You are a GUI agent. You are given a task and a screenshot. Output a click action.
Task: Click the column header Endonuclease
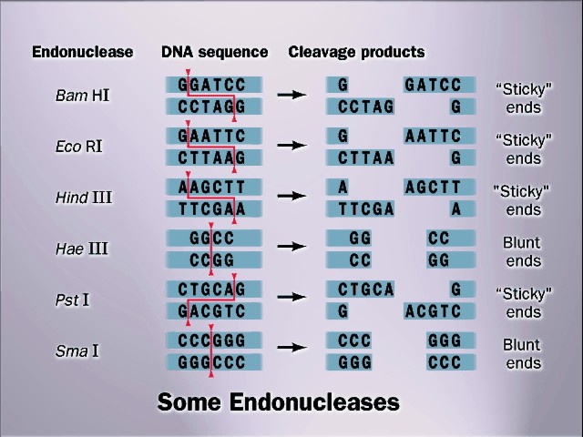82,52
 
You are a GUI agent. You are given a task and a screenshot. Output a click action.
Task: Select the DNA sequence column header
215,52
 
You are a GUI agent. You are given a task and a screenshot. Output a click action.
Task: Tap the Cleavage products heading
356,52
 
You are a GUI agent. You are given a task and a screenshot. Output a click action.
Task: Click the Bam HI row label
83,95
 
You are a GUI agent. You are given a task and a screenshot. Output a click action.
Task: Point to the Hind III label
83,197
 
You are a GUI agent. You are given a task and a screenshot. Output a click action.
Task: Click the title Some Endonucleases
279,401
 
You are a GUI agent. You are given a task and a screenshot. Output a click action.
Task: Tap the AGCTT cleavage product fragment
439,188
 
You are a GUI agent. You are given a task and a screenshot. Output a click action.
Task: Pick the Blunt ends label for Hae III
522,252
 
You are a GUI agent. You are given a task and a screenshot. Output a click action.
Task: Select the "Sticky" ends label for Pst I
523,303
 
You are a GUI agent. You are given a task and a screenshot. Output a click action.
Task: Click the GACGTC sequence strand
213,311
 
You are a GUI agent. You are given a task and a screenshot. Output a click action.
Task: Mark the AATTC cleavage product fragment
439,137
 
